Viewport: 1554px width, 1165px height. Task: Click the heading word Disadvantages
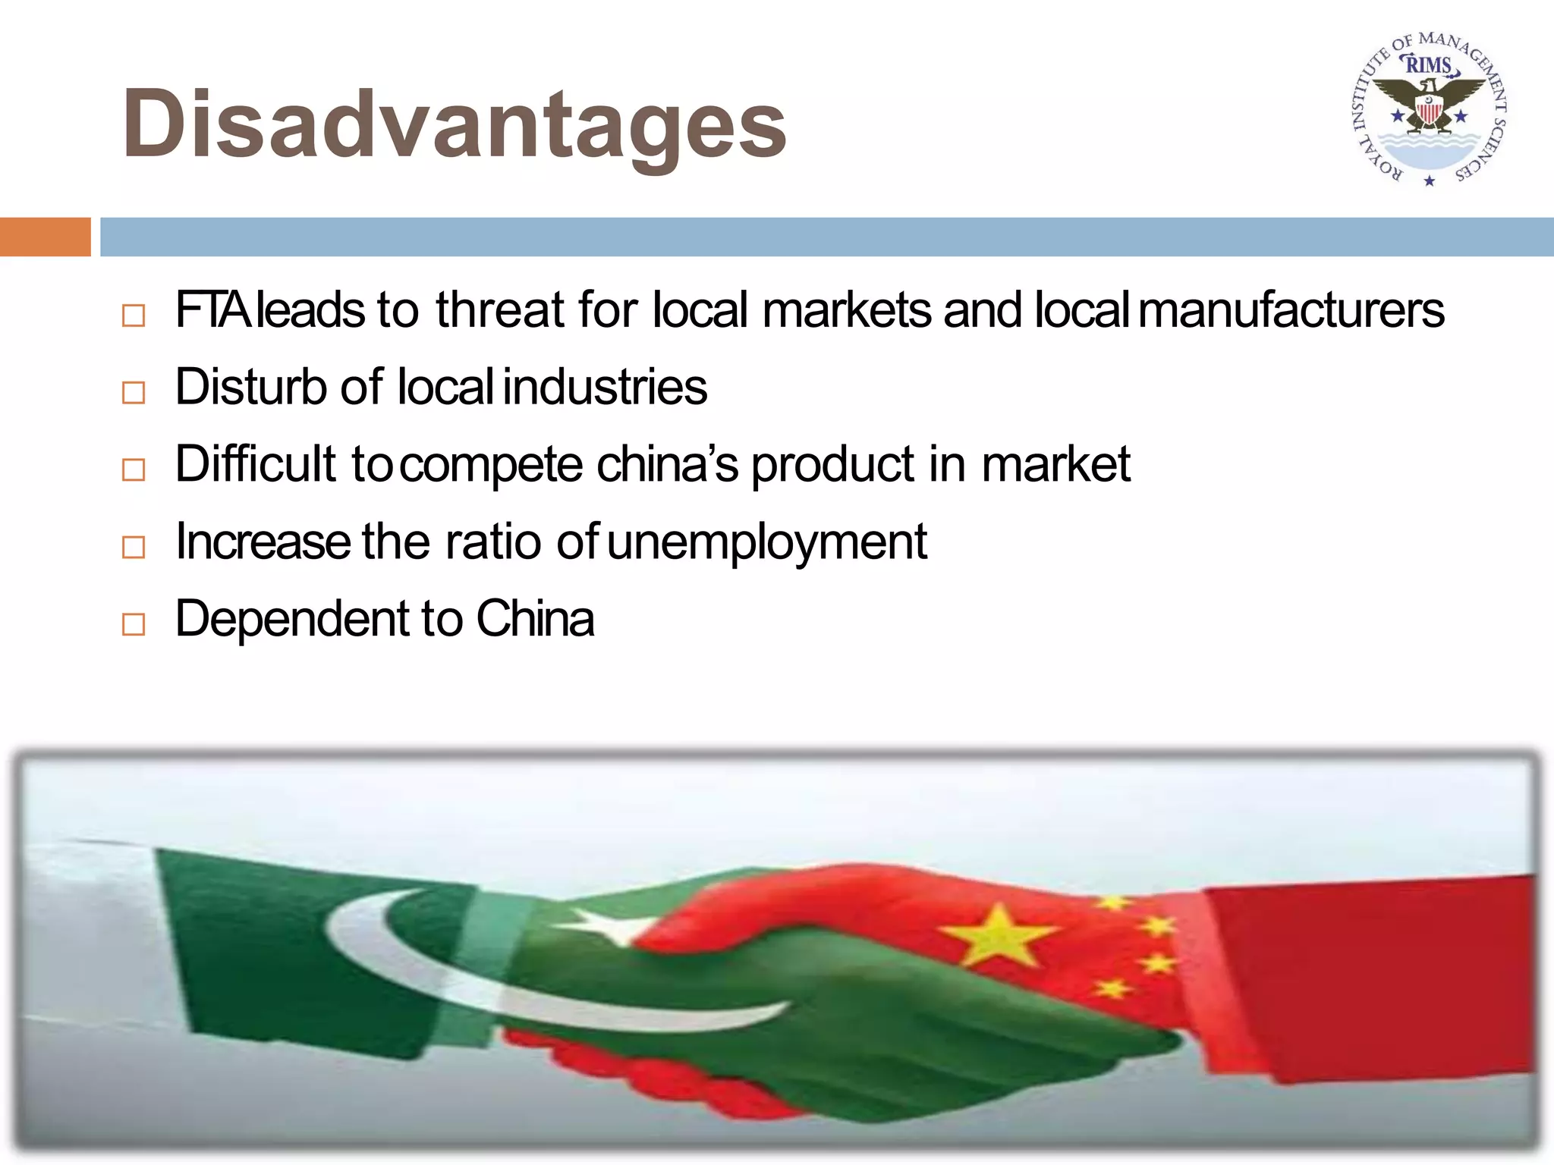pyautogui.click(x=454, y=125)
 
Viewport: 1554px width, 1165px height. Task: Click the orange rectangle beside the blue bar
pyautogui.click(x=45, y=237)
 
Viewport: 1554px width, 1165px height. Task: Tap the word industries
pyautogui.click(x=605, y=387)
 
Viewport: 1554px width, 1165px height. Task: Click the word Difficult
pyautogui.click(x=255, y=464)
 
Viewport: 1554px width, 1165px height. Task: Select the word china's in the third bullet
pyautogui.click(x=667, y=464)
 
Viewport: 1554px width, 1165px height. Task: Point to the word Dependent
pyautogui.click(x=291, y=619)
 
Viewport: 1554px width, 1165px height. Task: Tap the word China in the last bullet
pyautogui.click(x=535, y=619)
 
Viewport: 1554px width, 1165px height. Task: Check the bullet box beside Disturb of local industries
pyautogui.click(x=134, y=392)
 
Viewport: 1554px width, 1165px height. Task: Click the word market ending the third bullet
pyautogui.click(x=1055, y=464)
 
